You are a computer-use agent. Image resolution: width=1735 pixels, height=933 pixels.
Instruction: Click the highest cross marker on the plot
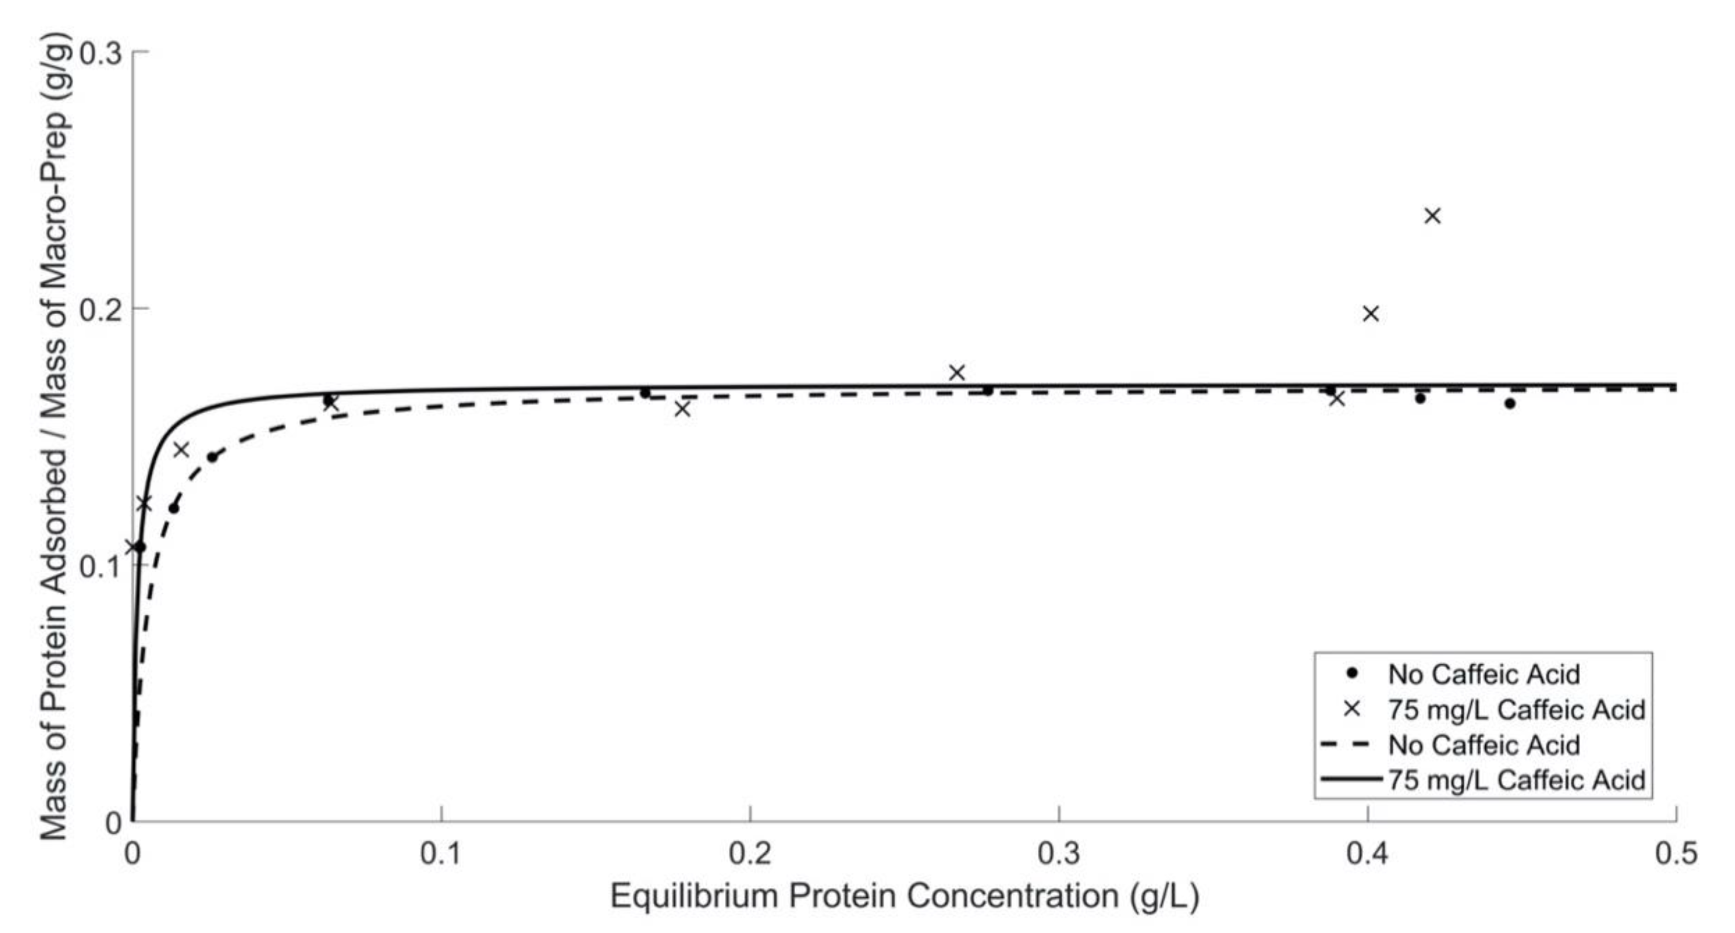[1433, 216]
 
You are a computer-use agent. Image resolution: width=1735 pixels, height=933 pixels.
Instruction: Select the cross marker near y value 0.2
[1371, 313]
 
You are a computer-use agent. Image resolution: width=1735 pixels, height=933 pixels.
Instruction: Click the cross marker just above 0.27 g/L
[957, 372]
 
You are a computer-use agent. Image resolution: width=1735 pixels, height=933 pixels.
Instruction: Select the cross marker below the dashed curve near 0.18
[682, 409]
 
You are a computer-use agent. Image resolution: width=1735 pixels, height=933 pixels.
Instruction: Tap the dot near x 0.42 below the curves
[1420, 398]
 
